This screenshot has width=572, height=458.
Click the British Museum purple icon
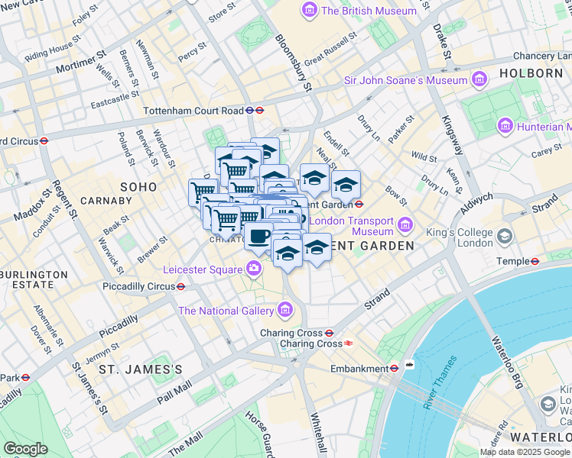pyautogui.click(x=310, y=11)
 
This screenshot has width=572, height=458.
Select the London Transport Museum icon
pyautogui.click(x=405, y=226)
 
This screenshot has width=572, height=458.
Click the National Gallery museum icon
pyautogui.click(x=285, y=310)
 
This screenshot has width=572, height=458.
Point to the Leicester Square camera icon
pyautogui.click(x=253, y=269)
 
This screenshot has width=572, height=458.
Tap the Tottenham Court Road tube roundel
pyautogui.click(x=260, y=110)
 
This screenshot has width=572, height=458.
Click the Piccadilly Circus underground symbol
pyautogui.click(x=181, y=287)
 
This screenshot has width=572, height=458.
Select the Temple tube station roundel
pyautogui.click(x=535, y=261)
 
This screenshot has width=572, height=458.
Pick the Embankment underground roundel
pyautogui.click(x=394, y=368)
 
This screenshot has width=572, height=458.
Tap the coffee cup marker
pyautogui.click(x=258, y=235)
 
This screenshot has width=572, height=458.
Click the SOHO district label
pyautogui.click(x=138, y=187)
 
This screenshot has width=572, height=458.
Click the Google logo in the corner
pyautogui.click(x=25, y=449)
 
